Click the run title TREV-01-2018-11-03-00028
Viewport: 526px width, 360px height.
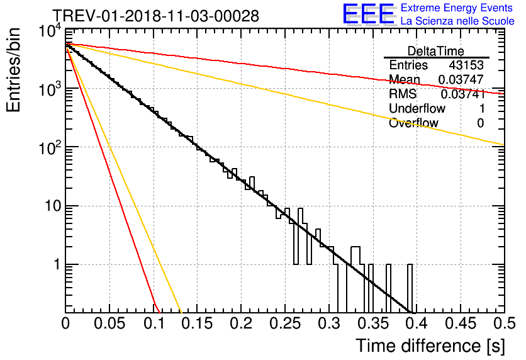pyautogui.click(x=155, y=16)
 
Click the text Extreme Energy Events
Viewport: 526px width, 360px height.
pyautogui.click(x=457, y=8)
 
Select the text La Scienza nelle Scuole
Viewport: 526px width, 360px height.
pyautogui.click(x=457, y=21)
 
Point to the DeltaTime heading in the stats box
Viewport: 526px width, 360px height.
pyautogui.click(x=435, y=51)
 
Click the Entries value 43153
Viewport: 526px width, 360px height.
pyautogui.click(x=466, y=65)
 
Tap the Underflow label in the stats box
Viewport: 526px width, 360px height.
pyautogui.click(x=417, y=109)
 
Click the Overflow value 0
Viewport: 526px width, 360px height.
pyautogui.click(x=480, y=123)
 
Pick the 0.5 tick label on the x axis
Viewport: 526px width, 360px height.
pyautogui.click(x=503, y=324)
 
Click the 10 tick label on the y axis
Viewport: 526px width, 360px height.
pyautogui.click(x=49, y=206)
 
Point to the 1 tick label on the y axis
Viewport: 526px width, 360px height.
pyautogui.click(x=55, y=265)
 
